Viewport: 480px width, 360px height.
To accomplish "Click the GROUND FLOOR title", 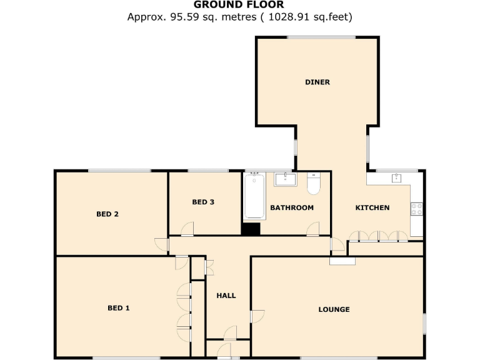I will click(x=239, y=5).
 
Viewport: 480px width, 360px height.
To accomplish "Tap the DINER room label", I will click(x=317, y=82).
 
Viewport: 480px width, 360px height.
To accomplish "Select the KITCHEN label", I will click(x=372, y=207).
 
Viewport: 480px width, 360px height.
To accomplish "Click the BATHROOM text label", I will click(x=291, y=207).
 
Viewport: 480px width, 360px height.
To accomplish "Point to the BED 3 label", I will click(x=203, y=202).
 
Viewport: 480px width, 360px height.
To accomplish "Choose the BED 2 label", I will click(x=107, y=214).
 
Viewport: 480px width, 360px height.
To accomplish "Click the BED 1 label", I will click(x=119, y=307).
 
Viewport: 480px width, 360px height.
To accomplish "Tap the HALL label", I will click(x=226, y=295).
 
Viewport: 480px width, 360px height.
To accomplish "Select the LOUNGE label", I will click(x=334, y=309).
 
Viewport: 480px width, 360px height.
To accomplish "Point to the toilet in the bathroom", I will click(x=313, y=184).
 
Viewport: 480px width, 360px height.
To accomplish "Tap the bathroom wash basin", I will click(x=285, y=179).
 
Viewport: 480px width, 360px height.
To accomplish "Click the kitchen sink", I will click(x=396, y=178).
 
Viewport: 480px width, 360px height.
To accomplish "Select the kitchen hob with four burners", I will click(x=416, y=208).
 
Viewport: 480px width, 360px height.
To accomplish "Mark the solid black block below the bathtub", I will click(x=251, y=229).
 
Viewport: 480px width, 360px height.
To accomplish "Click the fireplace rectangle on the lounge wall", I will click(x=342, y=261).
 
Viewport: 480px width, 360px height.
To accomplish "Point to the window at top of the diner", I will click(x=317, y=38).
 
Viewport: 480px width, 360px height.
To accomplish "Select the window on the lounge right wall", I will click(x=424, y=323).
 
